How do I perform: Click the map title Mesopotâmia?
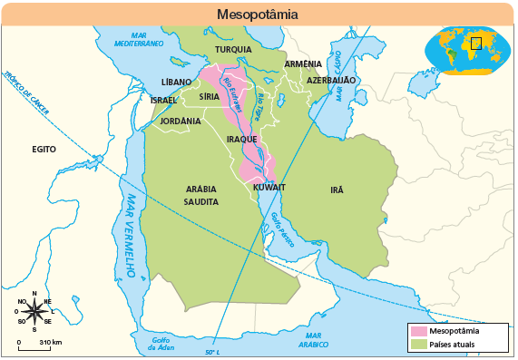pyautogui.click(x=258, y=15)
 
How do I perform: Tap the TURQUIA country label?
pyautogui.click(x=233, y=50)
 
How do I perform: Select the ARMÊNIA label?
pyautogui.click(x=303, y=64)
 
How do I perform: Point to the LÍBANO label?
pyautogui.click(x=176, y=82)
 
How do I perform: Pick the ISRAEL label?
pyautogui.click(x=163, y=100)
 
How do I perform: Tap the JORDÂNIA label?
pyautogui.click(x=180, y=121)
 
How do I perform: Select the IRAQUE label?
pyautogui.click(x=242, y=139)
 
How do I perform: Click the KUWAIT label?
pyautogui.click(x=269, y=187)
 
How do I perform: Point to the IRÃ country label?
pyautogui.click(x=337, y=190)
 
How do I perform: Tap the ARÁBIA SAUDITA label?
pyautogui.click(x=201, y=196)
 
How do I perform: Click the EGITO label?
pyautogui.click(x=44, y=149)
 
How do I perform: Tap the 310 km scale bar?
pyautogui.click(x=38, y=345)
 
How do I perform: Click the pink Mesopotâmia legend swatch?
pyautogui.click(x=418, y=331)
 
